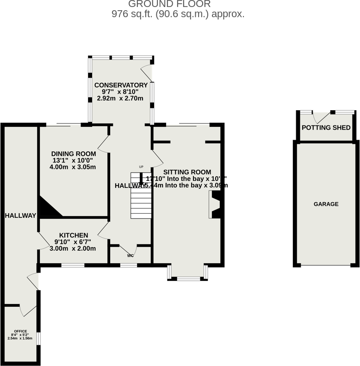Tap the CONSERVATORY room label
coord(121,85)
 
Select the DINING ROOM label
coord(74,154)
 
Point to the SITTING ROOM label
coord(187,172)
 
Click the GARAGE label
coord(326,204)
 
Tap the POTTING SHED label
coord(326,128)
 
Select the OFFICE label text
coord(20,331)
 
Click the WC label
coord(130,255)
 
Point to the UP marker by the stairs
coord(142,167)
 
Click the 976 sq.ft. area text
coord(178,14)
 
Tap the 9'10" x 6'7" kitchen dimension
coord(73,242)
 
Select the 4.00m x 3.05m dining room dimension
coord(73,167)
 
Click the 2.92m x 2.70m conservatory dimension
coord(120,99)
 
